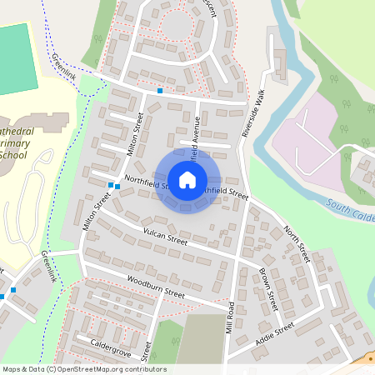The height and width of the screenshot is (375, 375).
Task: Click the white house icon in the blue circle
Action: tap(187, 180)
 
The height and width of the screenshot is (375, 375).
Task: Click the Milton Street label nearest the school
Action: tap(97, 212)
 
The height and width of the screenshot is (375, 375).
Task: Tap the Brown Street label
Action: tap(268, 286)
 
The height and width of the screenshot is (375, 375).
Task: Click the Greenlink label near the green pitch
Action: tap(65, 66)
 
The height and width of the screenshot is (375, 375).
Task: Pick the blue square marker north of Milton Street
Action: tap(159, 90)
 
